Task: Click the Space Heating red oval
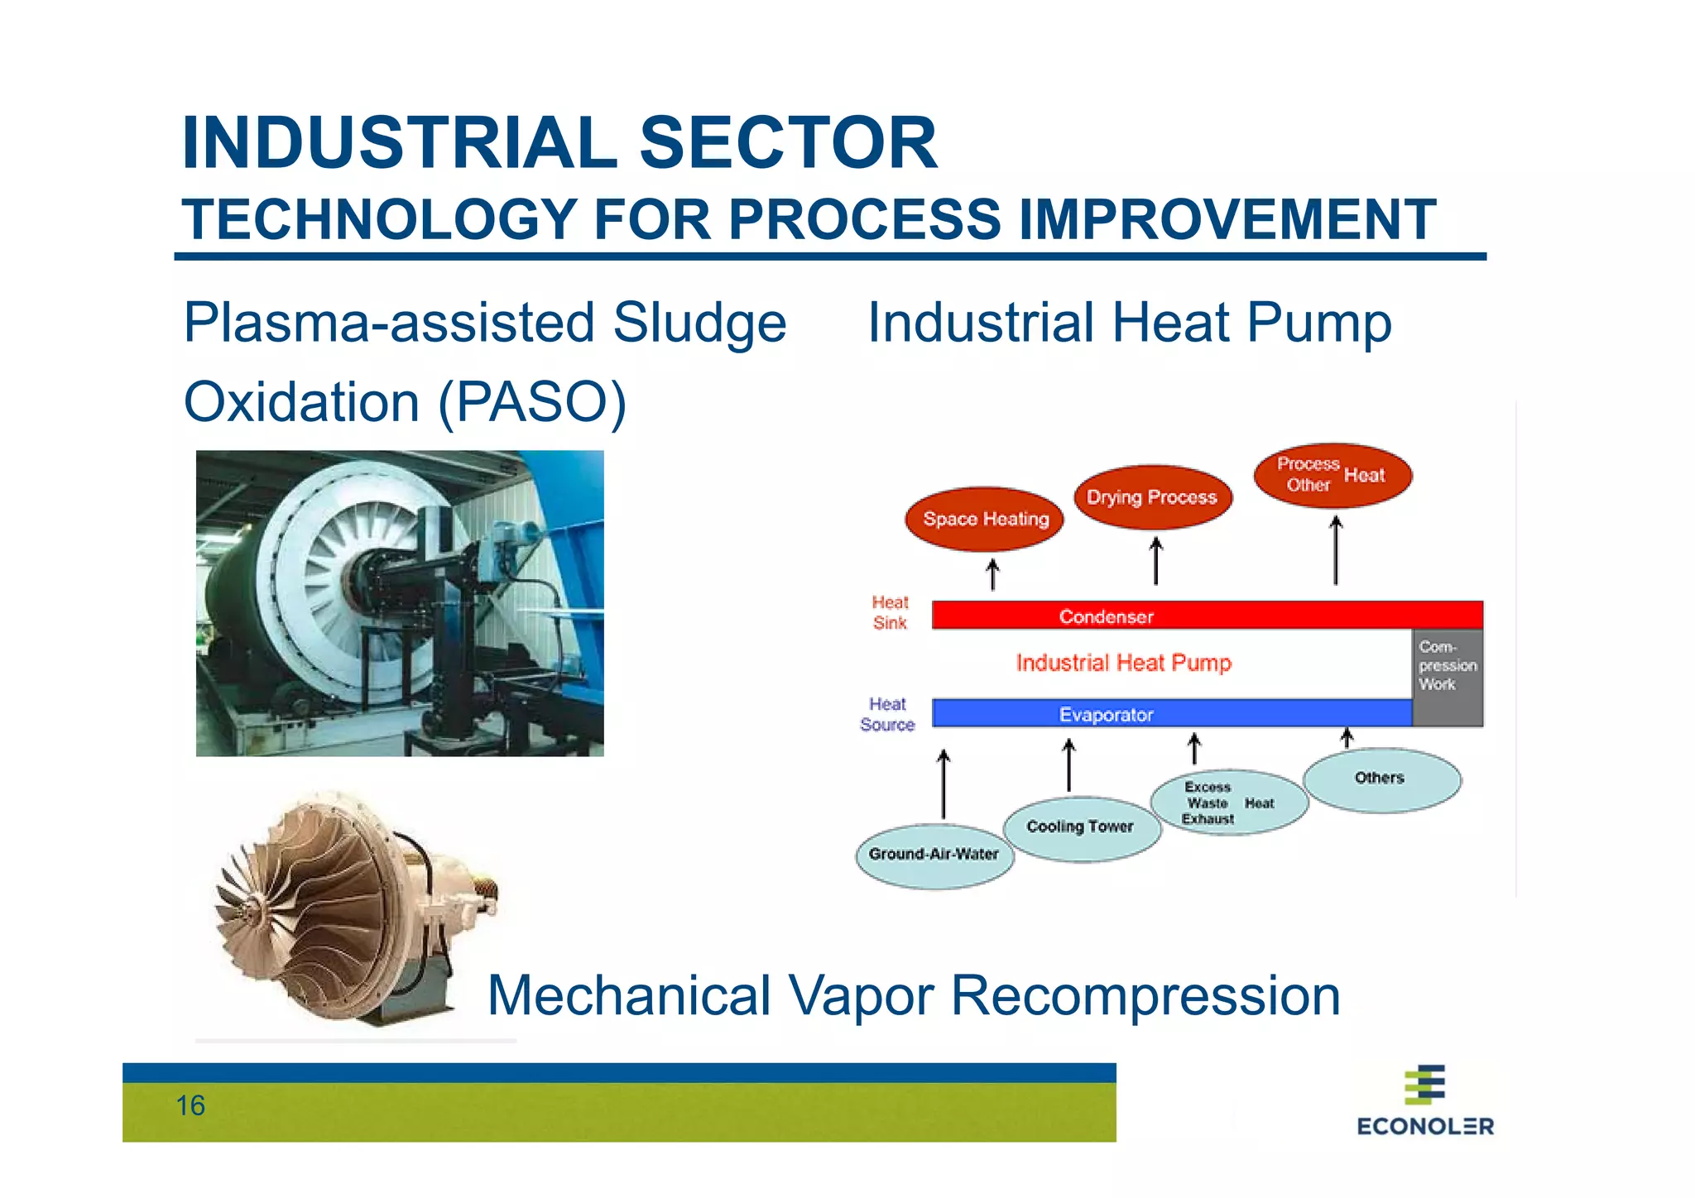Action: [985, 519]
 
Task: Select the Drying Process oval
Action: [1152, 497]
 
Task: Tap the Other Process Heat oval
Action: [1332, 475]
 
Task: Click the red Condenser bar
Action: [1207, 616]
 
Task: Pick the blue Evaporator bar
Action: [1171, 713]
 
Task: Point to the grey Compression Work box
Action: [1448, 677]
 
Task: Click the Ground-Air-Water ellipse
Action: [934, 855]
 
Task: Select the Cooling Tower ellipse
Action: [1081, 828]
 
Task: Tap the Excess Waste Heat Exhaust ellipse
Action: [1228, 803]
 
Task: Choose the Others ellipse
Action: [1381, 779]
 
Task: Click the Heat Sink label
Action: [890, 612]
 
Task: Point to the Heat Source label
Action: [887, 714]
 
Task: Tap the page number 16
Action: [190, 1105]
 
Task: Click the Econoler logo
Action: [1425, 1100]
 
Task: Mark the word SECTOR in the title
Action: [788, 143]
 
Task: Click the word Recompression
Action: [1145, 995]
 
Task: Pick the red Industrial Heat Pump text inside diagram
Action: [1123, 663]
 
